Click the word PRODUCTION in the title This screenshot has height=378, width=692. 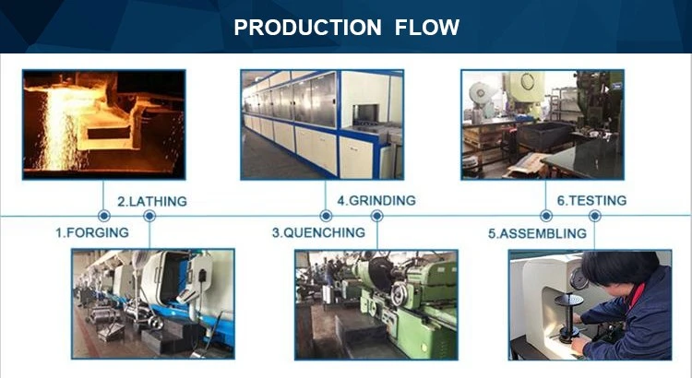307,28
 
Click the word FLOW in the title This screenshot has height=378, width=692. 427,28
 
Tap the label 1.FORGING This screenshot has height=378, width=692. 91,232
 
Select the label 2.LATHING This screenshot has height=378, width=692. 152,202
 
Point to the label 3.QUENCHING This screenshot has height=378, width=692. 318,232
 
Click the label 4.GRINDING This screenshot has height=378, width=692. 376,201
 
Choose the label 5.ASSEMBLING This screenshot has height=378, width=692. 537,233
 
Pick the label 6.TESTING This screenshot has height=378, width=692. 591,201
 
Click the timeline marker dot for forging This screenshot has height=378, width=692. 104,216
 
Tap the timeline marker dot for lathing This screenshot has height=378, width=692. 149,216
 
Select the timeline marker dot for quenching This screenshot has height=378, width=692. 326,216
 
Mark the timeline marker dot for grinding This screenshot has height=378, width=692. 376,216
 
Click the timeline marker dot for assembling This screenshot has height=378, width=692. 546,216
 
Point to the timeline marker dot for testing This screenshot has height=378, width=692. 594,216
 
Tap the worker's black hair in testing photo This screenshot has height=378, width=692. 619,267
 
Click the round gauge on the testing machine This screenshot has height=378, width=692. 579,278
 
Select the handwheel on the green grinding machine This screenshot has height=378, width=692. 399,294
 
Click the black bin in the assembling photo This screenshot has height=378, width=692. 545,135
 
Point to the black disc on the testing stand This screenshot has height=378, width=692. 568,300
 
